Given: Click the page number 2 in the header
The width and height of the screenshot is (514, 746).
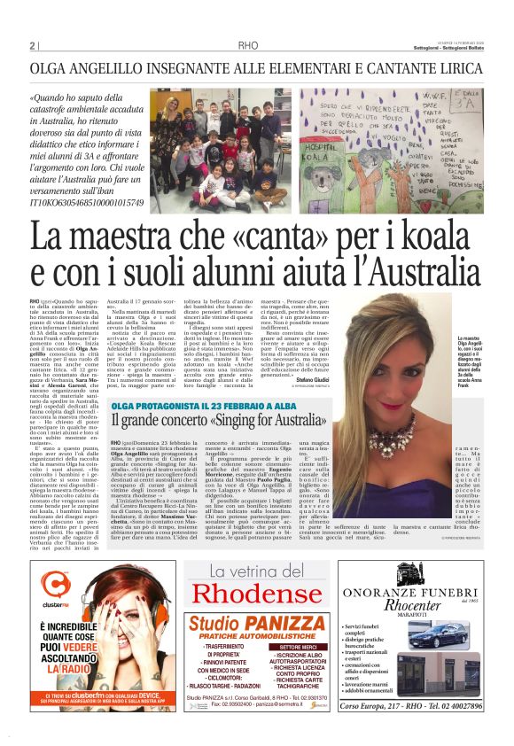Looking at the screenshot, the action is (32, 45).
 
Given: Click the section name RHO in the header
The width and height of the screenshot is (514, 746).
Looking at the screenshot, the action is (249, 46).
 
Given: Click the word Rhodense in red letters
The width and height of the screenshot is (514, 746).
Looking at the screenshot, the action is (257, 594).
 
